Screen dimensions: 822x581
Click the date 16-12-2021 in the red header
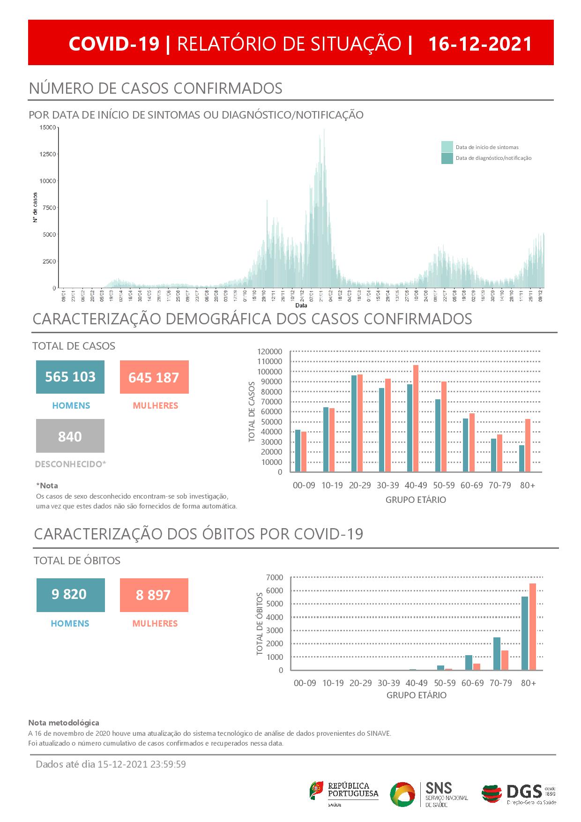480,44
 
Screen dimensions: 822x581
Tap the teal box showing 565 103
70,377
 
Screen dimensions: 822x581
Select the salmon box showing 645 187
154,377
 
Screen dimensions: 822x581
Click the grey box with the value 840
70,436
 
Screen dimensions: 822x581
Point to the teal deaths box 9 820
70,595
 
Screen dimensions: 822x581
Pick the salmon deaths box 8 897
154,595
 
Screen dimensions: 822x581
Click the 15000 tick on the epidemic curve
47,127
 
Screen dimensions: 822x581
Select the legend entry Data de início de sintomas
487,147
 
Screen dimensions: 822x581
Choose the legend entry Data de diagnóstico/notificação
493,158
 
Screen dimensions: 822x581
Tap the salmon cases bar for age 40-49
416,418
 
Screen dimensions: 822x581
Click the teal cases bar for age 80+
521,458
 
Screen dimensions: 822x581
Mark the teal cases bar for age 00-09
298,450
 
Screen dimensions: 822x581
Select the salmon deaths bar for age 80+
532,627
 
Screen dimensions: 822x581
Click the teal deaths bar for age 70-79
497,653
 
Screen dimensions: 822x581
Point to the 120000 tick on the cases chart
270,351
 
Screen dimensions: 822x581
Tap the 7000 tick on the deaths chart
275,577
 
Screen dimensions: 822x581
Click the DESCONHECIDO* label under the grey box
70,464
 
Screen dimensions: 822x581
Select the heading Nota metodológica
64,723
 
